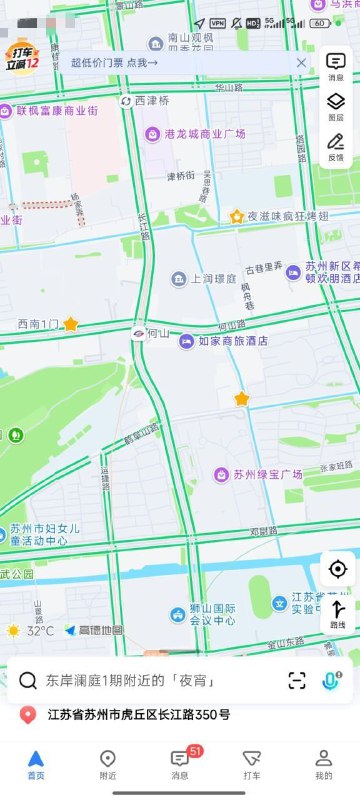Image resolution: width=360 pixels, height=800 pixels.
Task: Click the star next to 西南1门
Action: click(x=71, y=324)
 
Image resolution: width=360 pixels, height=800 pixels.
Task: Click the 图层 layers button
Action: click(x=336, y=105)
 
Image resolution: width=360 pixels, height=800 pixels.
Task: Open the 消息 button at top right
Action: click(x=336, y=65)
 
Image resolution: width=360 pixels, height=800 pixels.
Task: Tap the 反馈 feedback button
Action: click(x=336, y=145)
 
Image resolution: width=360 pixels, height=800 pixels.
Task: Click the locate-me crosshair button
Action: click(x=338, y=569)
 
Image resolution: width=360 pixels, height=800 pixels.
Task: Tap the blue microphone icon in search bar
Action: click(x=330, y=680)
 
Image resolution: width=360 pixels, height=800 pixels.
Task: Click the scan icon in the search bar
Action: click(x=297, y=680)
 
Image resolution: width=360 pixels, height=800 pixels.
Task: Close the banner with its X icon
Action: click(x=301, y=62)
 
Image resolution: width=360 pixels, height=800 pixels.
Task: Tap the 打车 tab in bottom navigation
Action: click(x=252, y=763)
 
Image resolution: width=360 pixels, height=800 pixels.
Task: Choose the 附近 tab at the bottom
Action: click(x=108, y=763)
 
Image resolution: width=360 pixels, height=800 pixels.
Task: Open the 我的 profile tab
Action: click(x=324, y=763)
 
